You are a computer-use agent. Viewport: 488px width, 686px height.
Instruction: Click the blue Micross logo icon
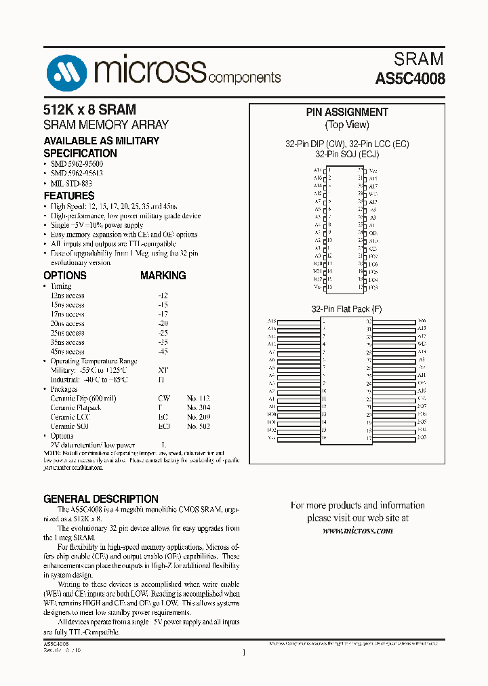pos(66,70)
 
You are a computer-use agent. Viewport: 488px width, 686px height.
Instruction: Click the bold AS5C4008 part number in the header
pos(410,79)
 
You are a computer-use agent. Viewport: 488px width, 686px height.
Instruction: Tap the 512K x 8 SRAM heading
pos(89,110)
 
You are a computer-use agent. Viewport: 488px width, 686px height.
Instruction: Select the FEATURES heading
pos(68,195)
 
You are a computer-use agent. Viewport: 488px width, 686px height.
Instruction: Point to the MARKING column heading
pos(163,276)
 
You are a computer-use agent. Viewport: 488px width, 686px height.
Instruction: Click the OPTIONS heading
pos(65,276)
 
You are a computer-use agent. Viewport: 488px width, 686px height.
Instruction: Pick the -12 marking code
pos(163,296)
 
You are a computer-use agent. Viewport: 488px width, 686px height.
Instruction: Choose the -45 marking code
pos(163,352)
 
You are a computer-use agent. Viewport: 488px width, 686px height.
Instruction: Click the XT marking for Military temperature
pos(163,371)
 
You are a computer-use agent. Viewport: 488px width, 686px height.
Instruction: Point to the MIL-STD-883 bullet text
pos(71,183)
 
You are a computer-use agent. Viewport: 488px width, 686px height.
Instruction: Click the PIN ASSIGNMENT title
pos(347,113)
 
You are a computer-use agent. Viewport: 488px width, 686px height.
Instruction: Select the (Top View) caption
pos(347,125)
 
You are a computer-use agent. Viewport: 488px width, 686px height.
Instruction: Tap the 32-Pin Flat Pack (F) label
pos(347,309)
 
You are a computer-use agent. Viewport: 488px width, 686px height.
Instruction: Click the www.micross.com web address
pos(357,530)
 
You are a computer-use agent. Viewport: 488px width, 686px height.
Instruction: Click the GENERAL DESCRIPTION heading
pos(101,499)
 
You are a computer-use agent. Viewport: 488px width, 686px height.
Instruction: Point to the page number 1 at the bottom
pos(243,653)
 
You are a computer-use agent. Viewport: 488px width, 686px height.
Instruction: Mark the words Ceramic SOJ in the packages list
pos(71,426)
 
